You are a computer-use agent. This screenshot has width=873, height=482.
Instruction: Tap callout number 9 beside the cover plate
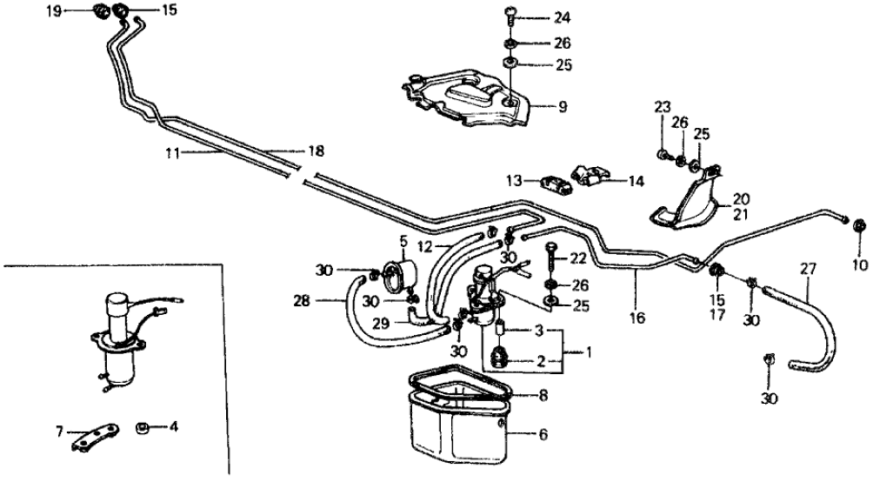tap(562, 107)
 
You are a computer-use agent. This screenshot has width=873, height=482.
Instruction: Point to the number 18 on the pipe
tap(316, 151)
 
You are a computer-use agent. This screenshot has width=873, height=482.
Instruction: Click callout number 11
tap(172, 153)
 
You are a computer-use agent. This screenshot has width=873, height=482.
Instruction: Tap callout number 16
tap(637, 318)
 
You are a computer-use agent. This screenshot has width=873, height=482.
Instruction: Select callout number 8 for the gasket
tap(543, 394)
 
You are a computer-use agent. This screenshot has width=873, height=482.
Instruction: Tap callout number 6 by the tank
tap(543, 433)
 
